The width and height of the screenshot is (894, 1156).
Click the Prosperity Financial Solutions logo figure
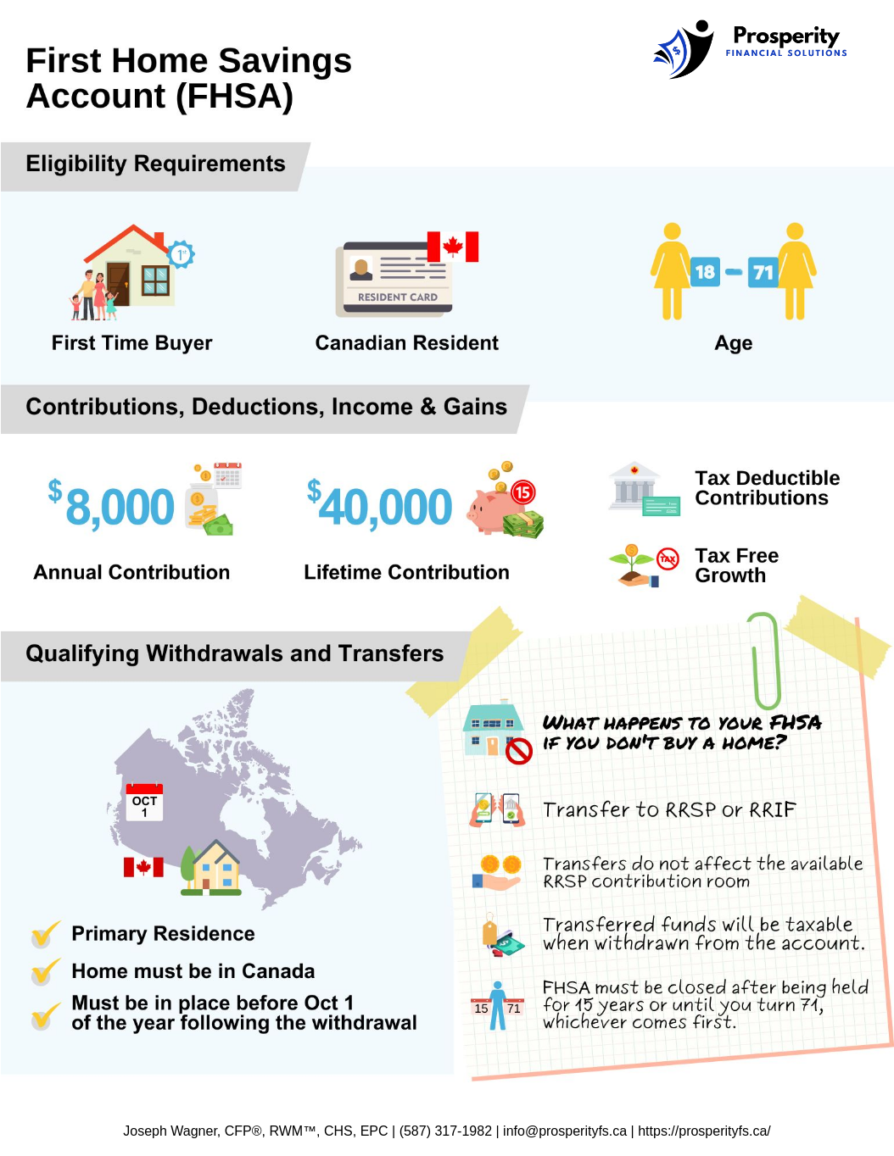point(684,49)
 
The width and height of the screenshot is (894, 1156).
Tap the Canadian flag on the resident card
point(453,247)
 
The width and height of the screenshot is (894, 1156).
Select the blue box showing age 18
point(705,272)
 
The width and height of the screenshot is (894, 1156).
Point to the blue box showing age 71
point(763,272)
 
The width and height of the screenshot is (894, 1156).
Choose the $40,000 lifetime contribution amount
point(380,507)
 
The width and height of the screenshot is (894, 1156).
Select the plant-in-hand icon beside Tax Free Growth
point(633,565)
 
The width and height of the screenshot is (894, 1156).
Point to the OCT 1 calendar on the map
point(144,802)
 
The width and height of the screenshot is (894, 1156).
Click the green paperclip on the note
point(765,661)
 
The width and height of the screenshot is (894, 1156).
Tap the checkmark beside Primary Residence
point(45,934)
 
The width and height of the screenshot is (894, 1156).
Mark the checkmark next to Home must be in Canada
point(45,971)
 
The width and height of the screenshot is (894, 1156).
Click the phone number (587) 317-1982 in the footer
point(445,1131)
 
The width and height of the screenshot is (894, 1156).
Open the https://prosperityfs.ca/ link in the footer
point(704,1131)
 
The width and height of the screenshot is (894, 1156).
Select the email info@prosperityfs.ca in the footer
point(565,1131)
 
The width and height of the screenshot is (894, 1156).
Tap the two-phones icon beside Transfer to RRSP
point(497,809)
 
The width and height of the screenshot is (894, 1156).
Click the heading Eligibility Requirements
point(155,164)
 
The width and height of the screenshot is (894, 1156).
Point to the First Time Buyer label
point(131,343)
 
